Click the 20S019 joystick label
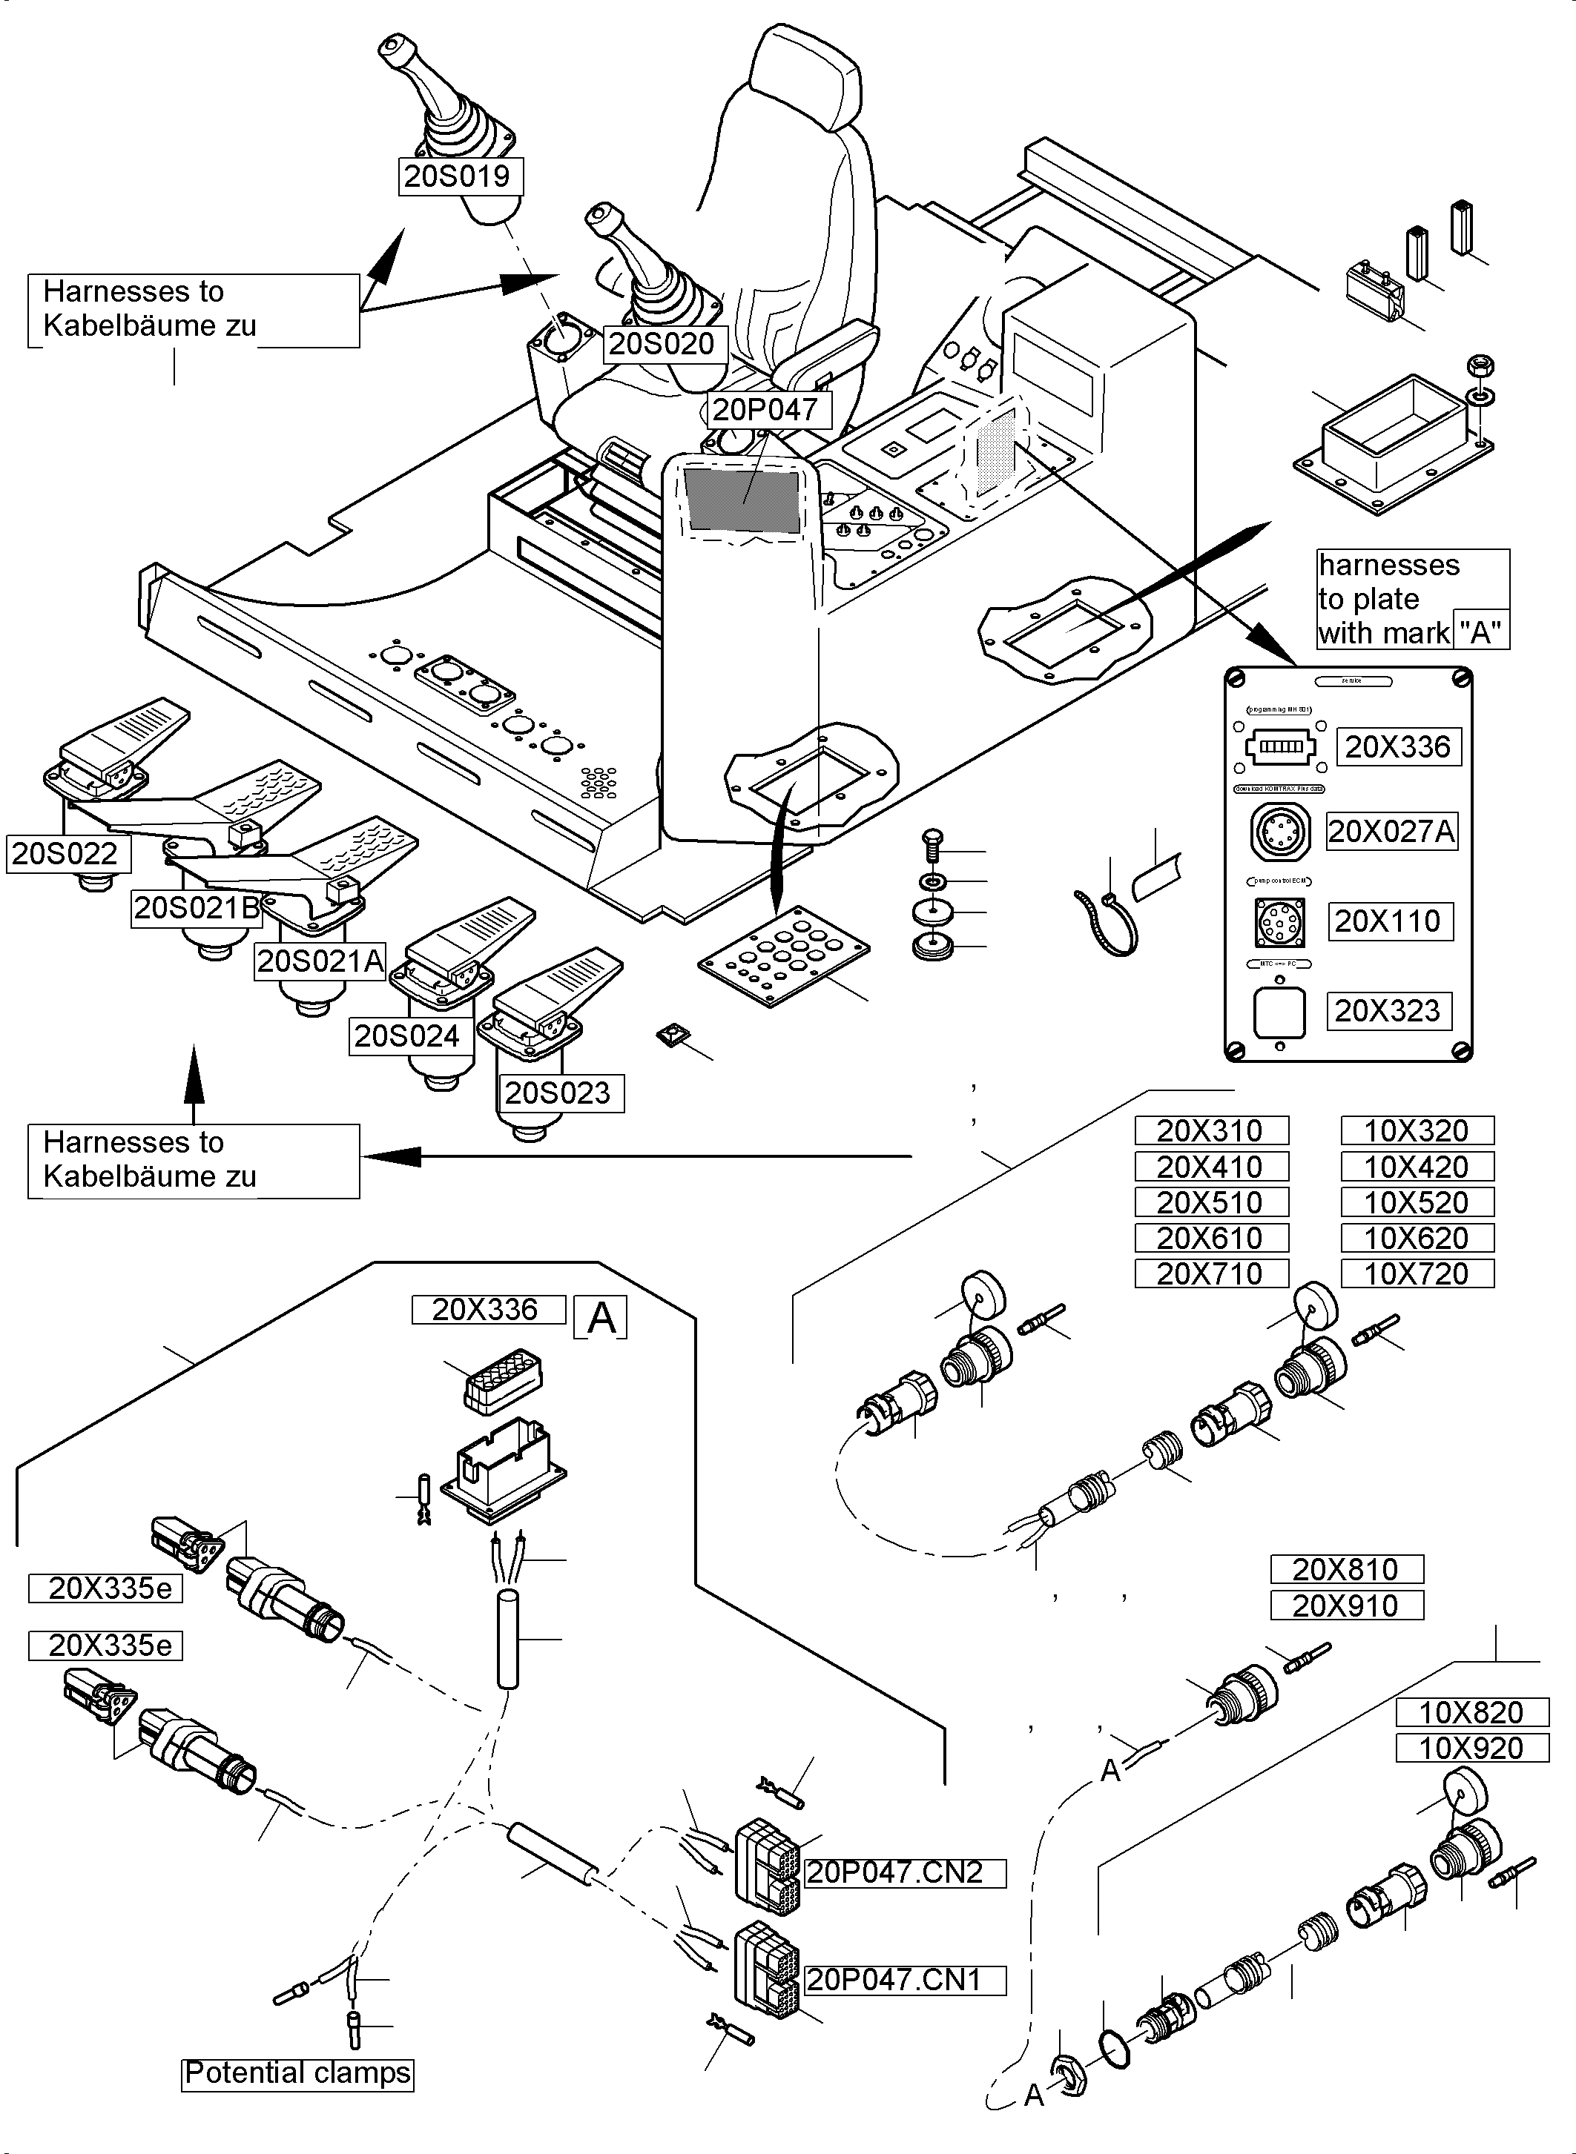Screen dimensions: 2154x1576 click(x=460, y=176)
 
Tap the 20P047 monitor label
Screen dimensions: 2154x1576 click(x=765, y=410)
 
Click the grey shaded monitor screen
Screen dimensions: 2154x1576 click(x=742, y=500)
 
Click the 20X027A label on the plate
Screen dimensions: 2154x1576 click(x=1392, y=832)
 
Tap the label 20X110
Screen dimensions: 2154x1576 click(x=1391, y=921)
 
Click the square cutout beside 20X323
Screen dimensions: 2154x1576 click(x=1279, y=1011)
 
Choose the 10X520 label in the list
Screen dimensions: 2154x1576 click(x=1417, y=1202)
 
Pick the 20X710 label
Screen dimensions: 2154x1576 click(x=1210, y=1274)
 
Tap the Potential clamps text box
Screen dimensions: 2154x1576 click(x=297, y=2073)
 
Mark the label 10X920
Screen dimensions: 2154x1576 click(x=1471, y=1748)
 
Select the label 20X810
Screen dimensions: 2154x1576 click(x=1346, y=1569)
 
